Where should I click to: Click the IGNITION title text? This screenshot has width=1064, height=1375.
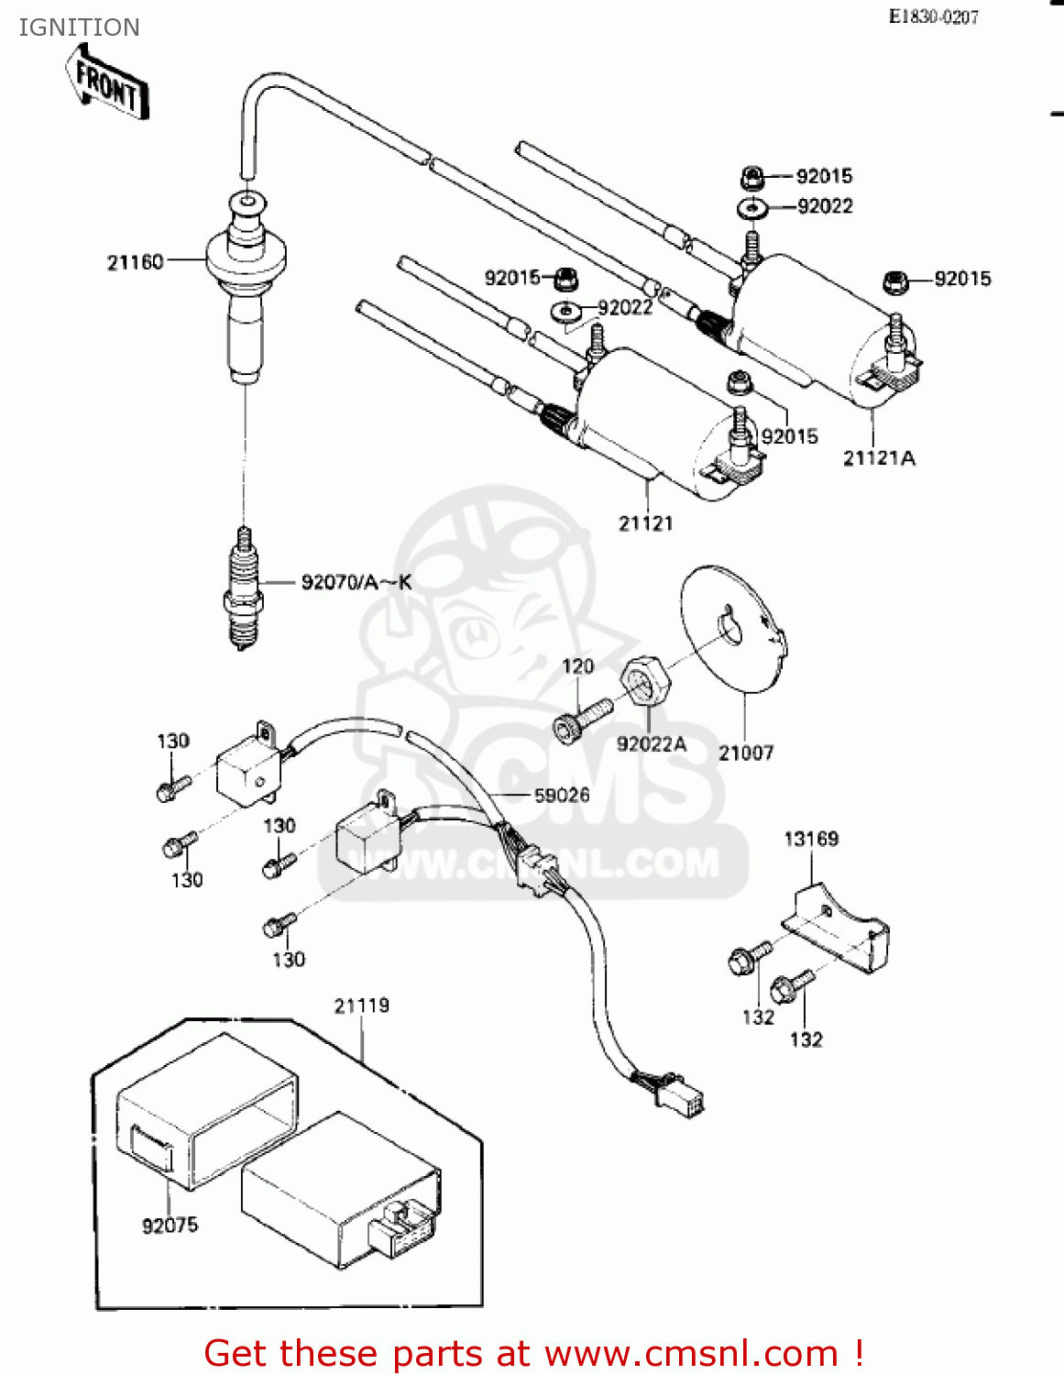[79, 27]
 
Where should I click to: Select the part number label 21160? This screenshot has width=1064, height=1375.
[135, 262]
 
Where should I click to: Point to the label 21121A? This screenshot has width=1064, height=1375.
[879, 458]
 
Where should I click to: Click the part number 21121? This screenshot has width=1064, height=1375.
[645, 523]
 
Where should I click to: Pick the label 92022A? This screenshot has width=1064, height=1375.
[651, 744]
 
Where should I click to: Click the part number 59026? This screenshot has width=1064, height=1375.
[562, 795]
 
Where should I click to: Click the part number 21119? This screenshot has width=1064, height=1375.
[361, 1006]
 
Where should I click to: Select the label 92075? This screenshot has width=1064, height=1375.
[170, 1226]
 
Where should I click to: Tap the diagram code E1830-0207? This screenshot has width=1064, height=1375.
[933, 16]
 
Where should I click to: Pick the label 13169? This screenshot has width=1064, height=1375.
[811, 839]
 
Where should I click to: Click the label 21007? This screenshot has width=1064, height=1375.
[746, 753]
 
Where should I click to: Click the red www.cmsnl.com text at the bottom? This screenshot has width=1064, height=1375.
[691, 1353]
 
